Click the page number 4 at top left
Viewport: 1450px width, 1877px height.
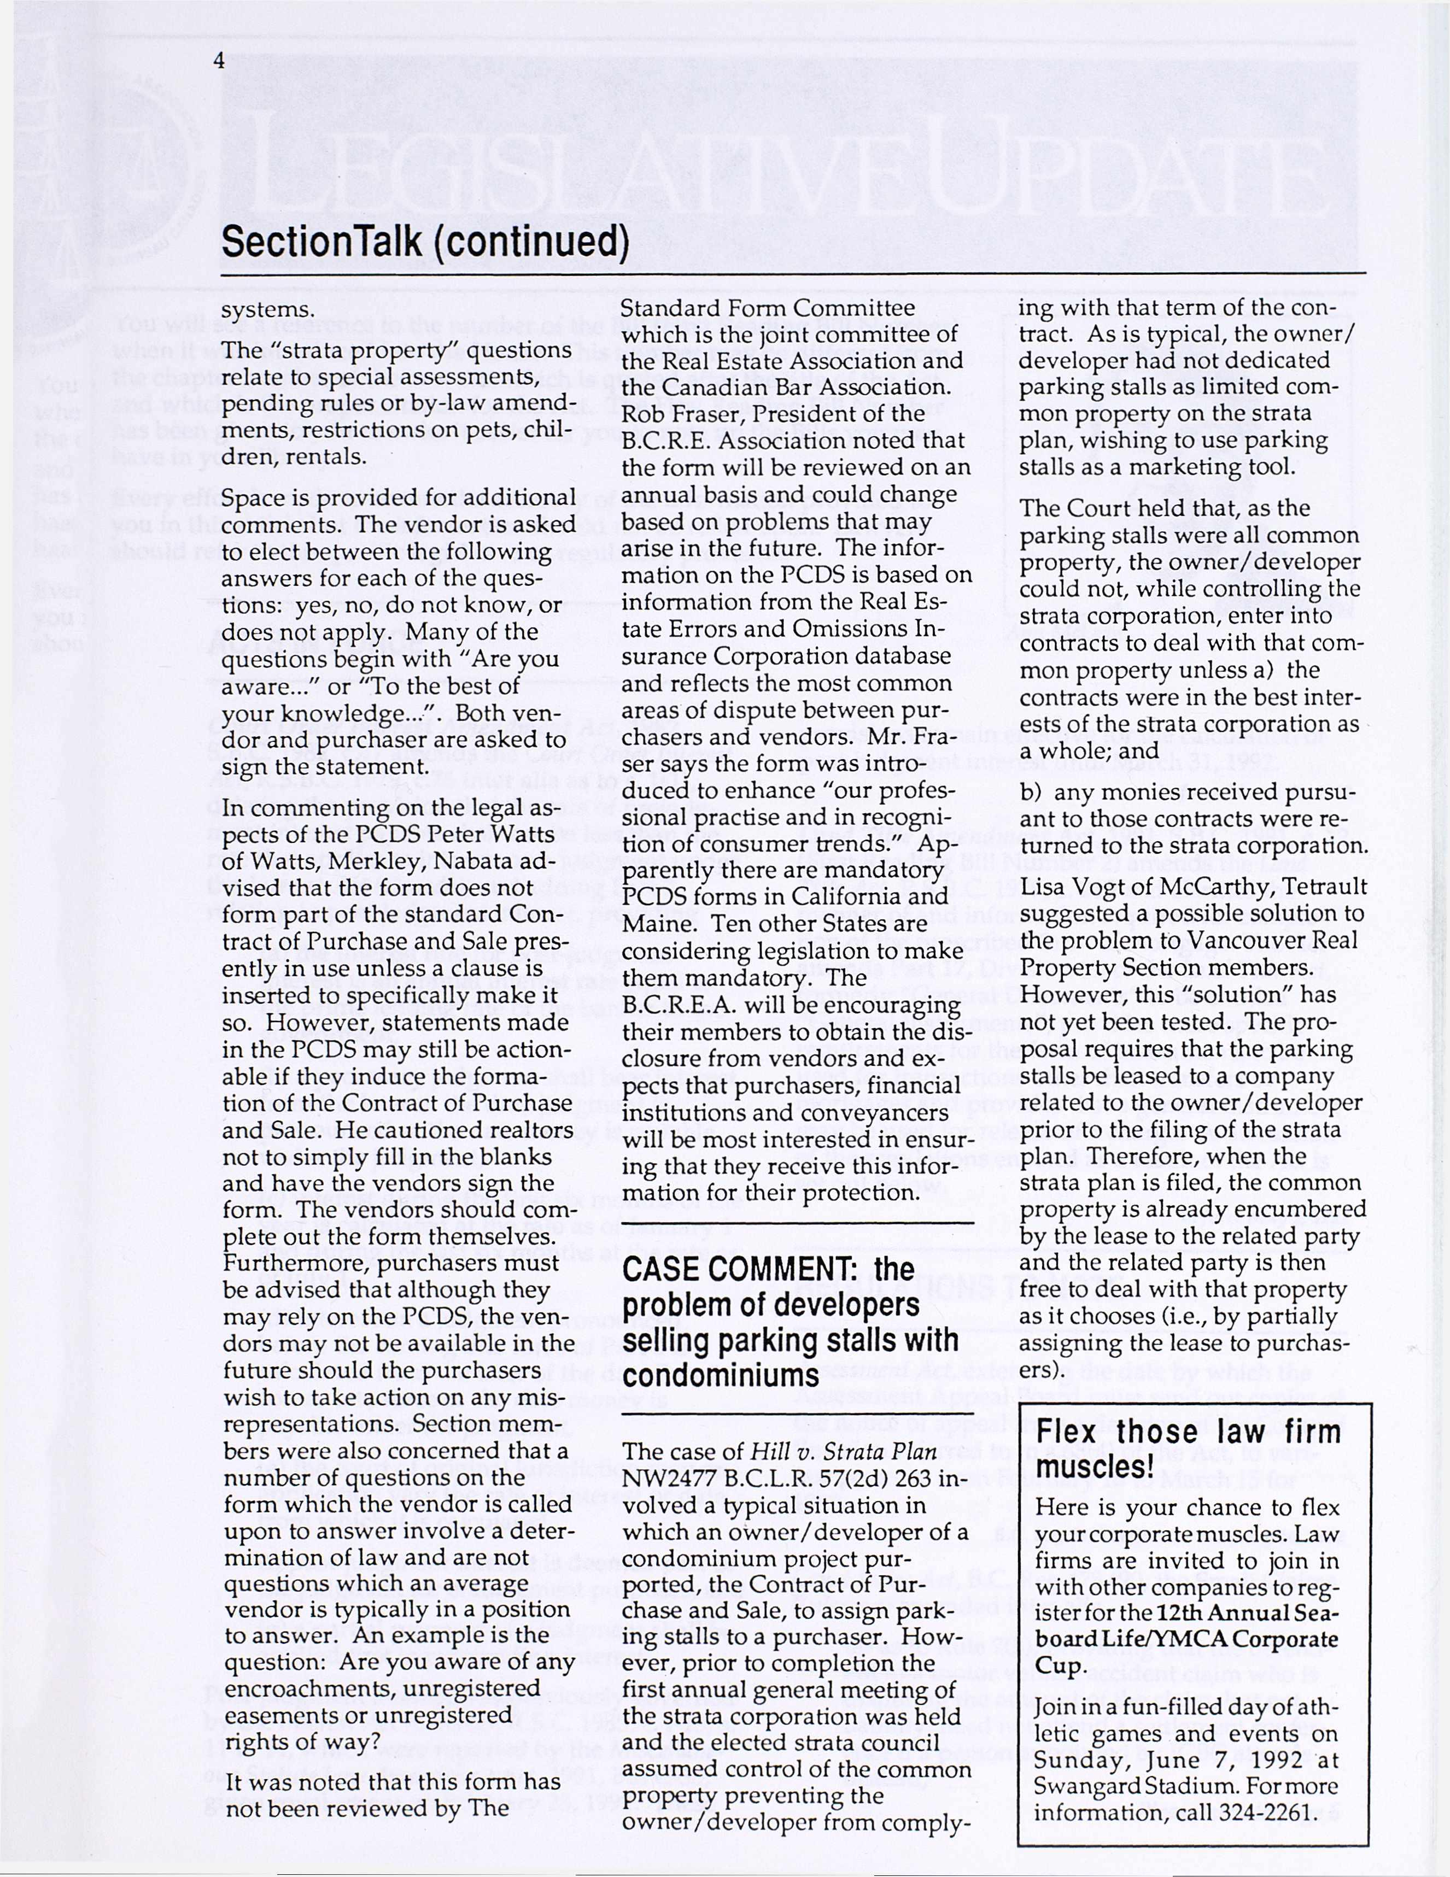click(x=220, y=61)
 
